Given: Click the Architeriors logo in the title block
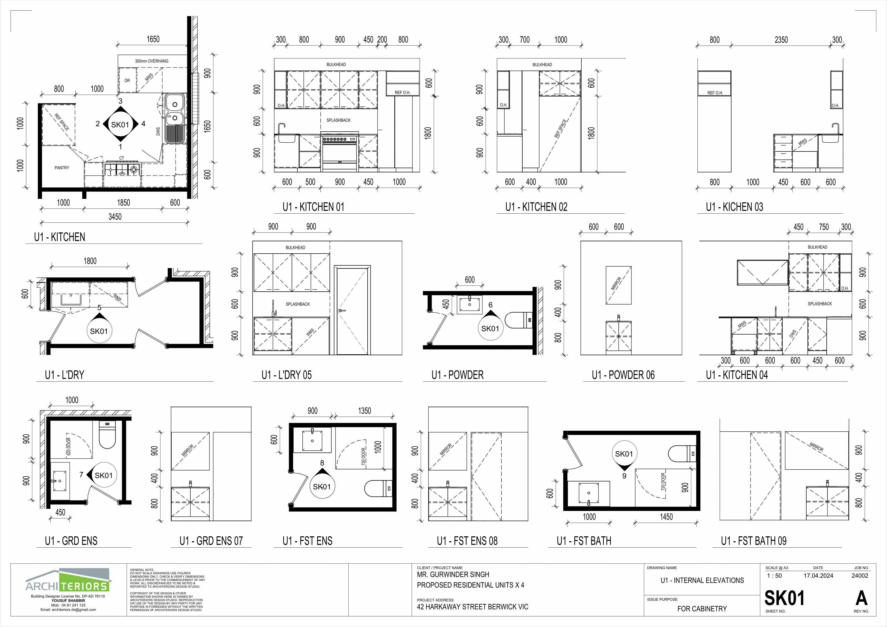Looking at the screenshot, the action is (68, 580).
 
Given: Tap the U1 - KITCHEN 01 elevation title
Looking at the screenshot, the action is (313, 207).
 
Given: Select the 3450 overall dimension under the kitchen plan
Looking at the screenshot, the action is (115, 217).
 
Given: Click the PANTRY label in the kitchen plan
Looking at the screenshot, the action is (62, 168).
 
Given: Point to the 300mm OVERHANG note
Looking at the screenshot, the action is (151, 61).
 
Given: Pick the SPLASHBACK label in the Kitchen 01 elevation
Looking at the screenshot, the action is (338, 120).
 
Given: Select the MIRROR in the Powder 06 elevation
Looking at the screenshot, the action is (619, 285).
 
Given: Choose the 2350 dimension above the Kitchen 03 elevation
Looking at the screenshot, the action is (781, 40).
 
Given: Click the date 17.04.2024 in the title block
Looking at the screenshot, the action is (818, 576).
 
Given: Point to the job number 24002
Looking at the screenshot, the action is (860, 576).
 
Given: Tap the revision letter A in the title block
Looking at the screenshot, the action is (862, 598).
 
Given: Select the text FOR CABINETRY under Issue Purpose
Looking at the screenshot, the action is (702, 609).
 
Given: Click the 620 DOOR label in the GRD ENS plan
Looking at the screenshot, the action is (69, 447).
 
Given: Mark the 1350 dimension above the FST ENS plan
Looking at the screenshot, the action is (364, 411).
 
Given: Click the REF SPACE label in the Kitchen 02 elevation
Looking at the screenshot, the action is (561, 129).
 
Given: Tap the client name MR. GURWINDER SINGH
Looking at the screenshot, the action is (453, 574).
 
